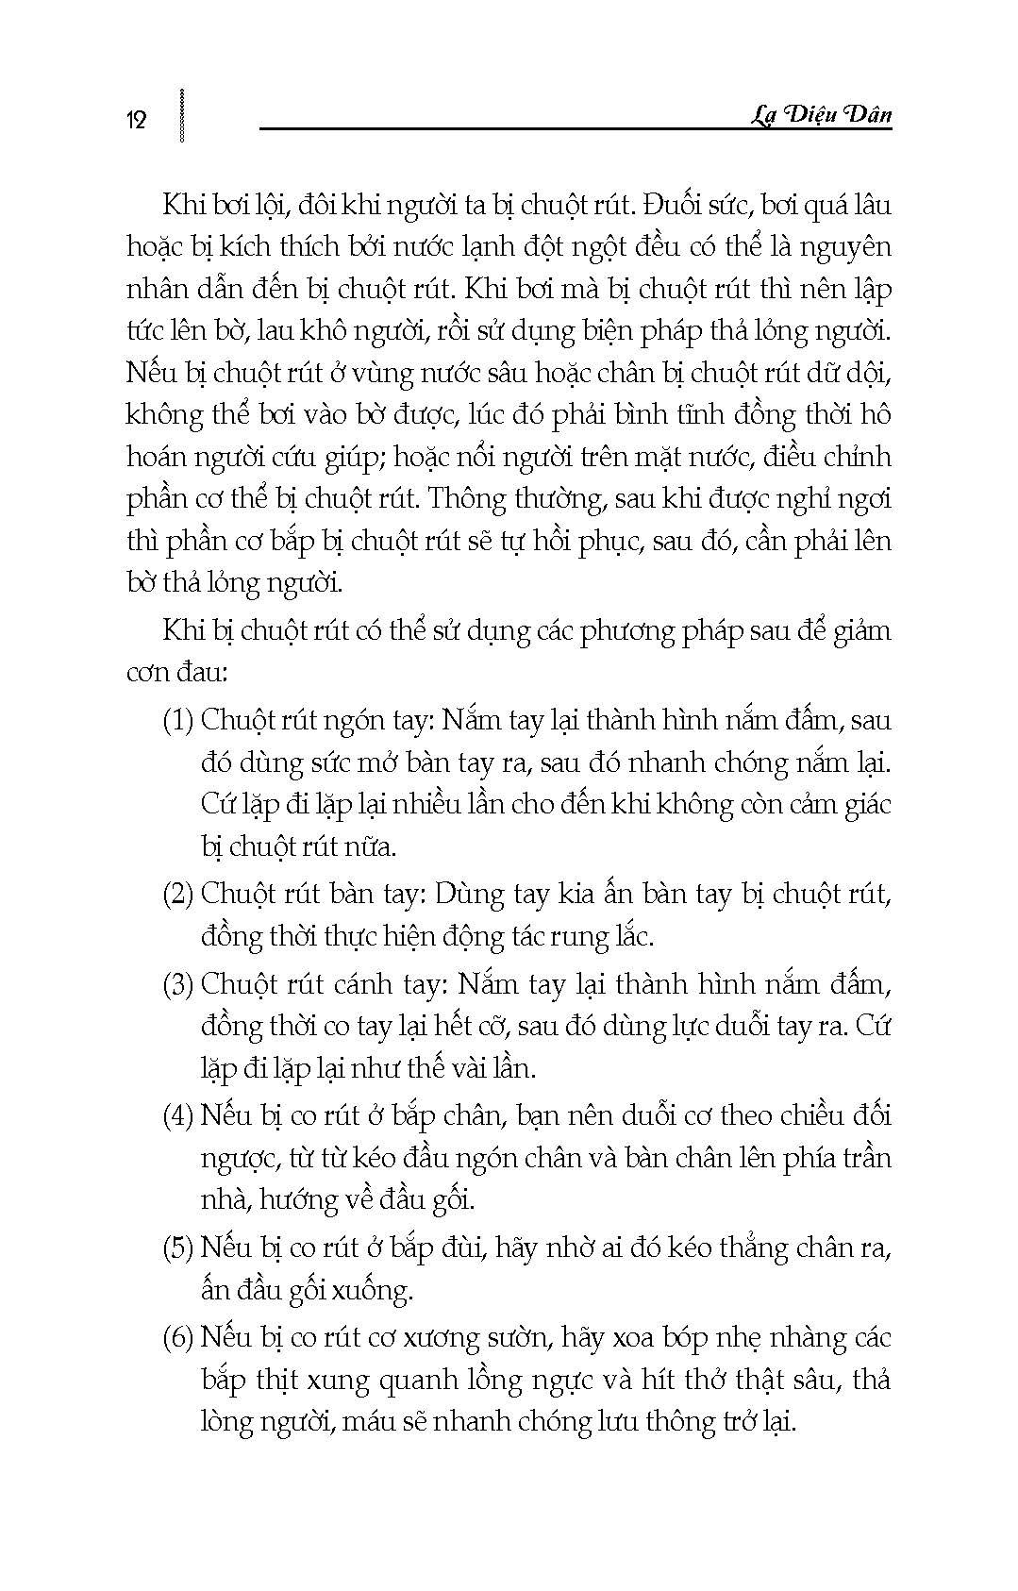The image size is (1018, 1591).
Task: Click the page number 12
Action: point(137,120)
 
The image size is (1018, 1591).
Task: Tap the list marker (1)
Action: point(178,720)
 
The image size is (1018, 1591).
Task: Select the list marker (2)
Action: point(178,894)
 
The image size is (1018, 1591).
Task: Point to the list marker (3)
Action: point(178,984)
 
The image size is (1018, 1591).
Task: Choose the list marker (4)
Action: point(178,1115)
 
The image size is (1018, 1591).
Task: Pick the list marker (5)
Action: point(178,1248)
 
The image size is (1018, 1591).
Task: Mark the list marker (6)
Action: point(178,1337)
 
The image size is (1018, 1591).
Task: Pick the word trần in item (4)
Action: point(865,1158)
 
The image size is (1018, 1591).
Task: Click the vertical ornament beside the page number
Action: point(180,115)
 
